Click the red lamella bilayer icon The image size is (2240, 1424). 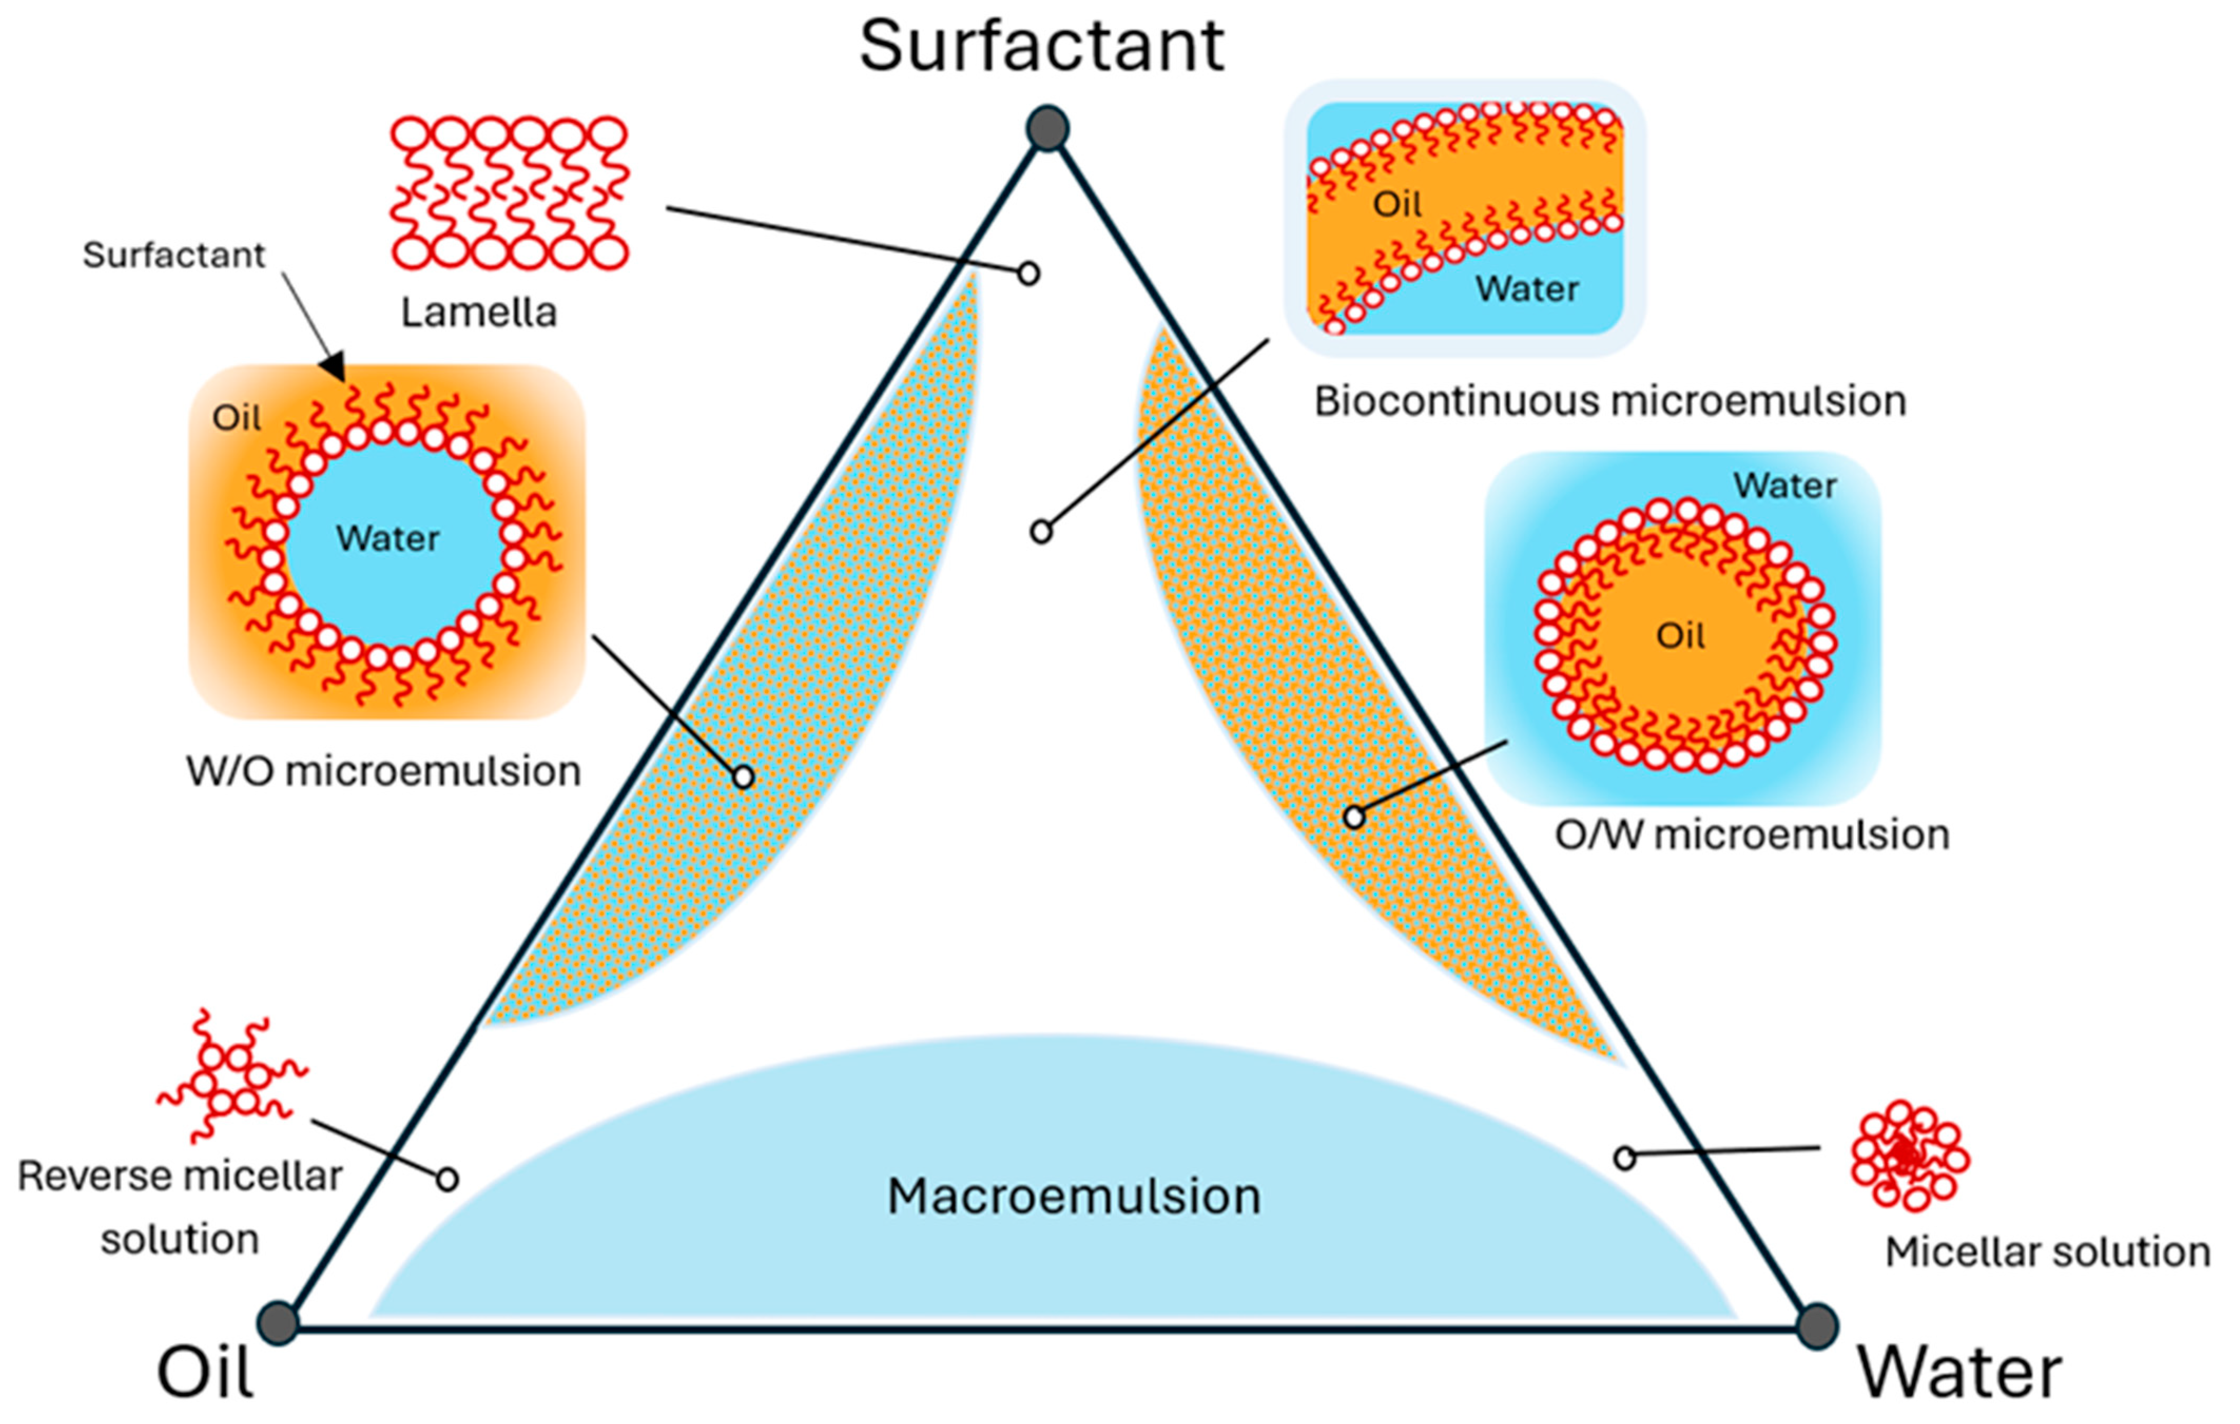(509, 192)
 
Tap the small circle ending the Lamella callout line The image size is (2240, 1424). (1028, 274)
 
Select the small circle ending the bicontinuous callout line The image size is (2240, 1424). (1041, 532)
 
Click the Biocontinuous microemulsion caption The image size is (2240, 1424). (1609, 402)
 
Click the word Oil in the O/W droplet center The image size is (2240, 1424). (1680, 636)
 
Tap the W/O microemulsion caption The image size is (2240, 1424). (383, 771)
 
